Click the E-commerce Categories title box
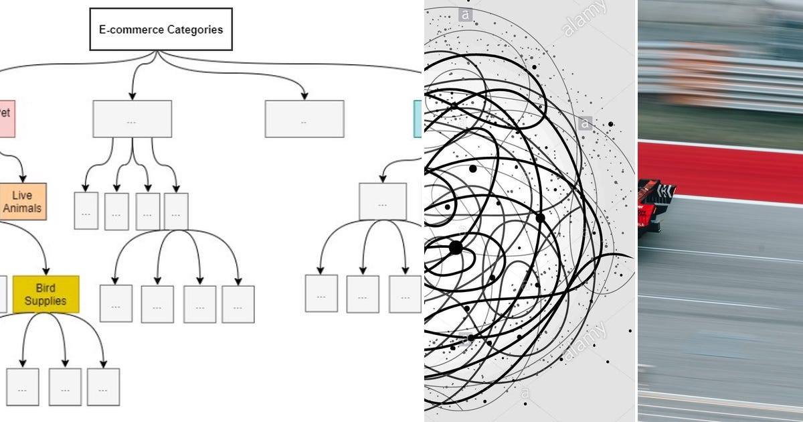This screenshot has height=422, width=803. [161, 29]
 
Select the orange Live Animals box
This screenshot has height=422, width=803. [23, 202]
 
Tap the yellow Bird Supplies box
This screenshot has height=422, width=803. [46, 294]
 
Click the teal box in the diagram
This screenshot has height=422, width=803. [418, 119]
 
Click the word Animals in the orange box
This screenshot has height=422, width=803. [22, 208]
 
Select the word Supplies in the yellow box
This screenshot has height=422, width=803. [46, 301]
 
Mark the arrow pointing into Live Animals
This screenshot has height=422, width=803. [23, 178]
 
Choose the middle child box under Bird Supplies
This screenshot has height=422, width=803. [65, 386]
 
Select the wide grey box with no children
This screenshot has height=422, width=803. [304, 119]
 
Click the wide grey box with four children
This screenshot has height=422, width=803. [132, 119]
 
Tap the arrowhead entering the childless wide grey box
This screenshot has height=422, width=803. [304, 96]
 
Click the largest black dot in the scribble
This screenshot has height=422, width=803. [456, 247]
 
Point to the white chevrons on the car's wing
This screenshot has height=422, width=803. [665, 192]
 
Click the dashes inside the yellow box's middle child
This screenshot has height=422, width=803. [65, 389]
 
